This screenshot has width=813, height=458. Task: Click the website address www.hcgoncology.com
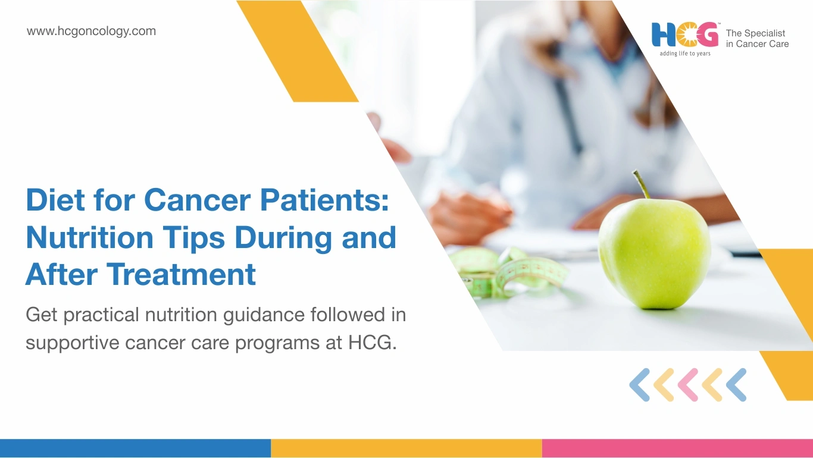click(x=91, y=32)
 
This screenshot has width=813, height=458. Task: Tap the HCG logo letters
click(x=685, y=34)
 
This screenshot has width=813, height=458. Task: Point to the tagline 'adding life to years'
click(x=685, y=54)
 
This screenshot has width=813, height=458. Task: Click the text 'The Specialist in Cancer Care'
click(x=757, y=39)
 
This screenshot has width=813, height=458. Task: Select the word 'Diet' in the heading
click(x=55, y=199)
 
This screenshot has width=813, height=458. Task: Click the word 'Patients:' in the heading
click(x=324, y=199)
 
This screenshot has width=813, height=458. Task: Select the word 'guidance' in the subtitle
click(x=264, y=315)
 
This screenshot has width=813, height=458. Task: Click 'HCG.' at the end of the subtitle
click(x=373, y=343)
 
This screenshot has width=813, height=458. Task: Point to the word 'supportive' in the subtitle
click(x=73, y=343)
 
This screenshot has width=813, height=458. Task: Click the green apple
click(x=654, y=254)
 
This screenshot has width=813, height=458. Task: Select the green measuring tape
click(x=508, y=270)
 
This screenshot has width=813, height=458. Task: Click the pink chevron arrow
click(x=688, y=385)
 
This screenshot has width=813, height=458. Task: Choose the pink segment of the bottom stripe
click(x=677, y=448)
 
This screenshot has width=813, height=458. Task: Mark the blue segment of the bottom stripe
click(x=135, y=448)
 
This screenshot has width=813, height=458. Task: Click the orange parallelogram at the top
click(x=298, y=51)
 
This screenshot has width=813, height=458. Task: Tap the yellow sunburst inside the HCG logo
click(x=684, y=35)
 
